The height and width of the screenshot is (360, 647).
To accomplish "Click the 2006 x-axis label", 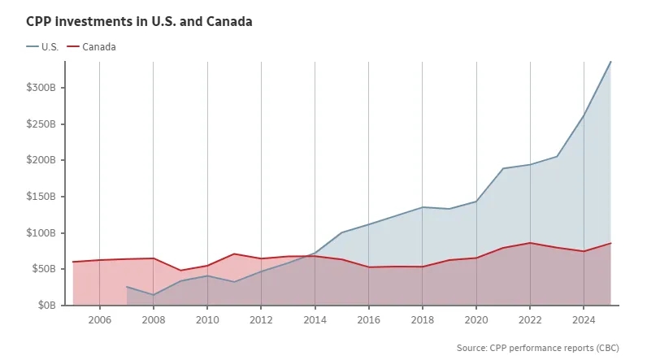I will point(99,320).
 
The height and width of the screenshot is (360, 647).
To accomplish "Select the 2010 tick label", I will point(207,320).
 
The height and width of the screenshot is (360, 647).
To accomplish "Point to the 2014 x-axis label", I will point(315,320).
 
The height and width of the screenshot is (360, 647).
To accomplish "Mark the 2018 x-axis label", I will point(423,320).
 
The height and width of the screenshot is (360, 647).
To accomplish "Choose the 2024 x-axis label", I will point(584,320).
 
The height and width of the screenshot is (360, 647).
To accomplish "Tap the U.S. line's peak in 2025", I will point(610,62).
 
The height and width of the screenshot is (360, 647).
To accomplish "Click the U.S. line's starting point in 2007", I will point(127,287).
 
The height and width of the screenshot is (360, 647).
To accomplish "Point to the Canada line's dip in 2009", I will point(180,271).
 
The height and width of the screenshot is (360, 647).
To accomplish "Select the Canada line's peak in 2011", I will point(234,254).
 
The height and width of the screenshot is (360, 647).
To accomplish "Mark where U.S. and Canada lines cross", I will point(312,255).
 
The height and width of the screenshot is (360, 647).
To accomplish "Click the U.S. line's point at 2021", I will point(503,168).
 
